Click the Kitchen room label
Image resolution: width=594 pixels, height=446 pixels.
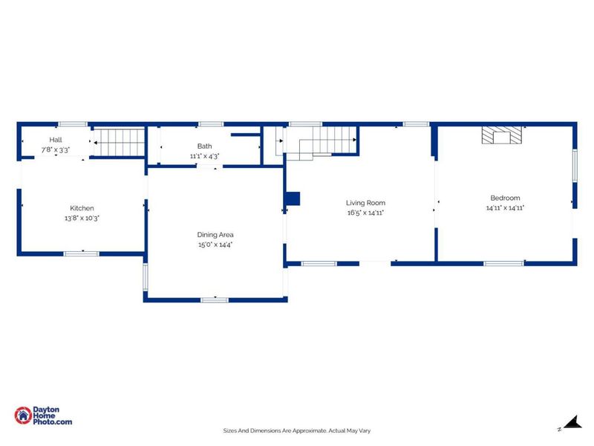tap(82, 208)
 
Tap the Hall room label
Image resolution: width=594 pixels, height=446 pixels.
tap(56, 140)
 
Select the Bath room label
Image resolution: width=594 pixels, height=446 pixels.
tap(204, 146)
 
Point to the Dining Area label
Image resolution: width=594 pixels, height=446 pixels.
tap(215, 234)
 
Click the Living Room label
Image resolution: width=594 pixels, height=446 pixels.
tap(365, 202)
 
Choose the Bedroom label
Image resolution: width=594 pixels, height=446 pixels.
tap(505, 198)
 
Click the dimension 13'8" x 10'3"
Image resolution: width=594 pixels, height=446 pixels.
tap(82, 219)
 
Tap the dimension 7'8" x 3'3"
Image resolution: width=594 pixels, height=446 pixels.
tap(56, 149)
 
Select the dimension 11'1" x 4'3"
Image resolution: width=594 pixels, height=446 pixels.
tap(204, 156)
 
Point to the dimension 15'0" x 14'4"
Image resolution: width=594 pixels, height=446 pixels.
tap(215, 245)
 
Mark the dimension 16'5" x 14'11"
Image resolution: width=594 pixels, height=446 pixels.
tap(365, 213)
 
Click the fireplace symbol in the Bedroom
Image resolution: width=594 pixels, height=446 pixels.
tap(501, 135)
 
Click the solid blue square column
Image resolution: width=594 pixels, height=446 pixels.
tap(293, 198)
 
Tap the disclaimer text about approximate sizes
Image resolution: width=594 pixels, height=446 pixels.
tap(297, 430)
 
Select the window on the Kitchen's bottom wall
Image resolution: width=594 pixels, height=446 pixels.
tap(81, 254)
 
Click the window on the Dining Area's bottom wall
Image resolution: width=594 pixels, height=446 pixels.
tap(215, 300)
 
